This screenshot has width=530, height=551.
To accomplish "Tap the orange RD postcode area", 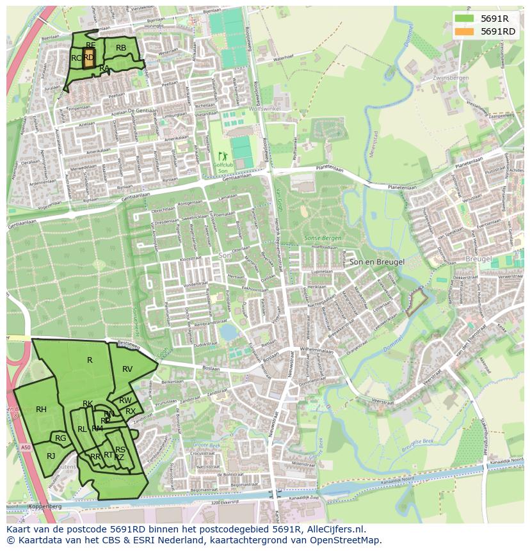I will pos(88,58).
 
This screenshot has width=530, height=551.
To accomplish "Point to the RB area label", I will pos(121,47).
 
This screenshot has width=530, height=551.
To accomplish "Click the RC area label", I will pos(76,58).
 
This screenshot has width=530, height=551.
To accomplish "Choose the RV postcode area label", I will pos(127,369).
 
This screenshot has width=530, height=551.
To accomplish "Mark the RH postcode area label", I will pos(41,410).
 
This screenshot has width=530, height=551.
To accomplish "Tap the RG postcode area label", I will pos(61,438).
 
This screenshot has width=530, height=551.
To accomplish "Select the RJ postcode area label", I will pos(51,456).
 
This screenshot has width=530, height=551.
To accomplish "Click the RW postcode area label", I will pos(125,401).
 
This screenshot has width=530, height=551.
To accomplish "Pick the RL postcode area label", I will pos(82,429).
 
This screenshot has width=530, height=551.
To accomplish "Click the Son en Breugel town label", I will pos(376,263).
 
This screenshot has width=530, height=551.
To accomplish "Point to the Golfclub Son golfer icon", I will pos(223,156).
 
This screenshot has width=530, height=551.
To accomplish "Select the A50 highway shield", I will pos(25,448).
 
